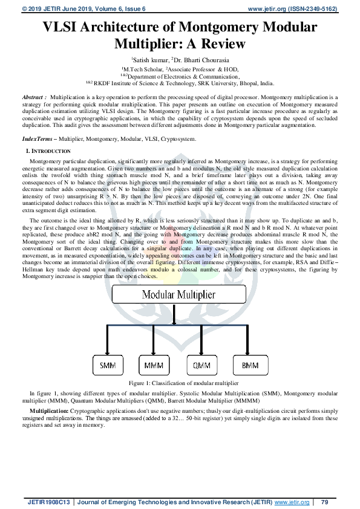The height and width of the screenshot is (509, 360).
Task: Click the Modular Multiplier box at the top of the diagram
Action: tap(180, 296)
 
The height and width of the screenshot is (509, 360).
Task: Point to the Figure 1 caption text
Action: tap(180, 383)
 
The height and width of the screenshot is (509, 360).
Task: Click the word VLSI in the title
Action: tap(62, 28)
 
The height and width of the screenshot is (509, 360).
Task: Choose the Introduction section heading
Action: tap(50, 151)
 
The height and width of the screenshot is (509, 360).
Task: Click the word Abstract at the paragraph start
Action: tap(33, 97)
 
